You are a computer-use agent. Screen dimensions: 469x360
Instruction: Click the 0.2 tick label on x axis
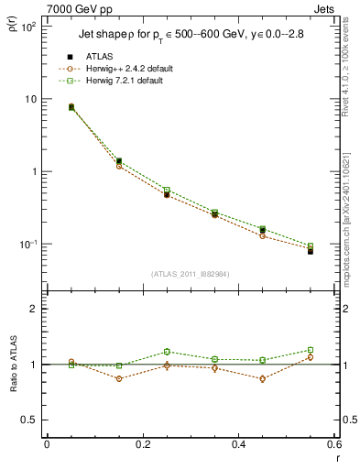[142, 445]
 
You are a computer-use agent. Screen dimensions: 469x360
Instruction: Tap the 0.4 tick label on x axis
[238, 445]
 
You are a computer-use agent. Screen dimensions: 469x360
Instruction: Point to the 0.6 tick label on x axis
[333, 445]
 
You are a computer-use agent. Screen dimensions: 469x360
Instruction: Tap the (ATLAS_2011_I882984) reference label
[190, 274]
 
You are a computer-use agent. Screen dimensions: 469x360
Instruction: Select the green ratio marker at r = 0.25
[167, 352]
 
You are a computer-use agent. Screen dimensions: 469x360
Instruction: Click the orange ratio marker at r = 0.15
[119, 378]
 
